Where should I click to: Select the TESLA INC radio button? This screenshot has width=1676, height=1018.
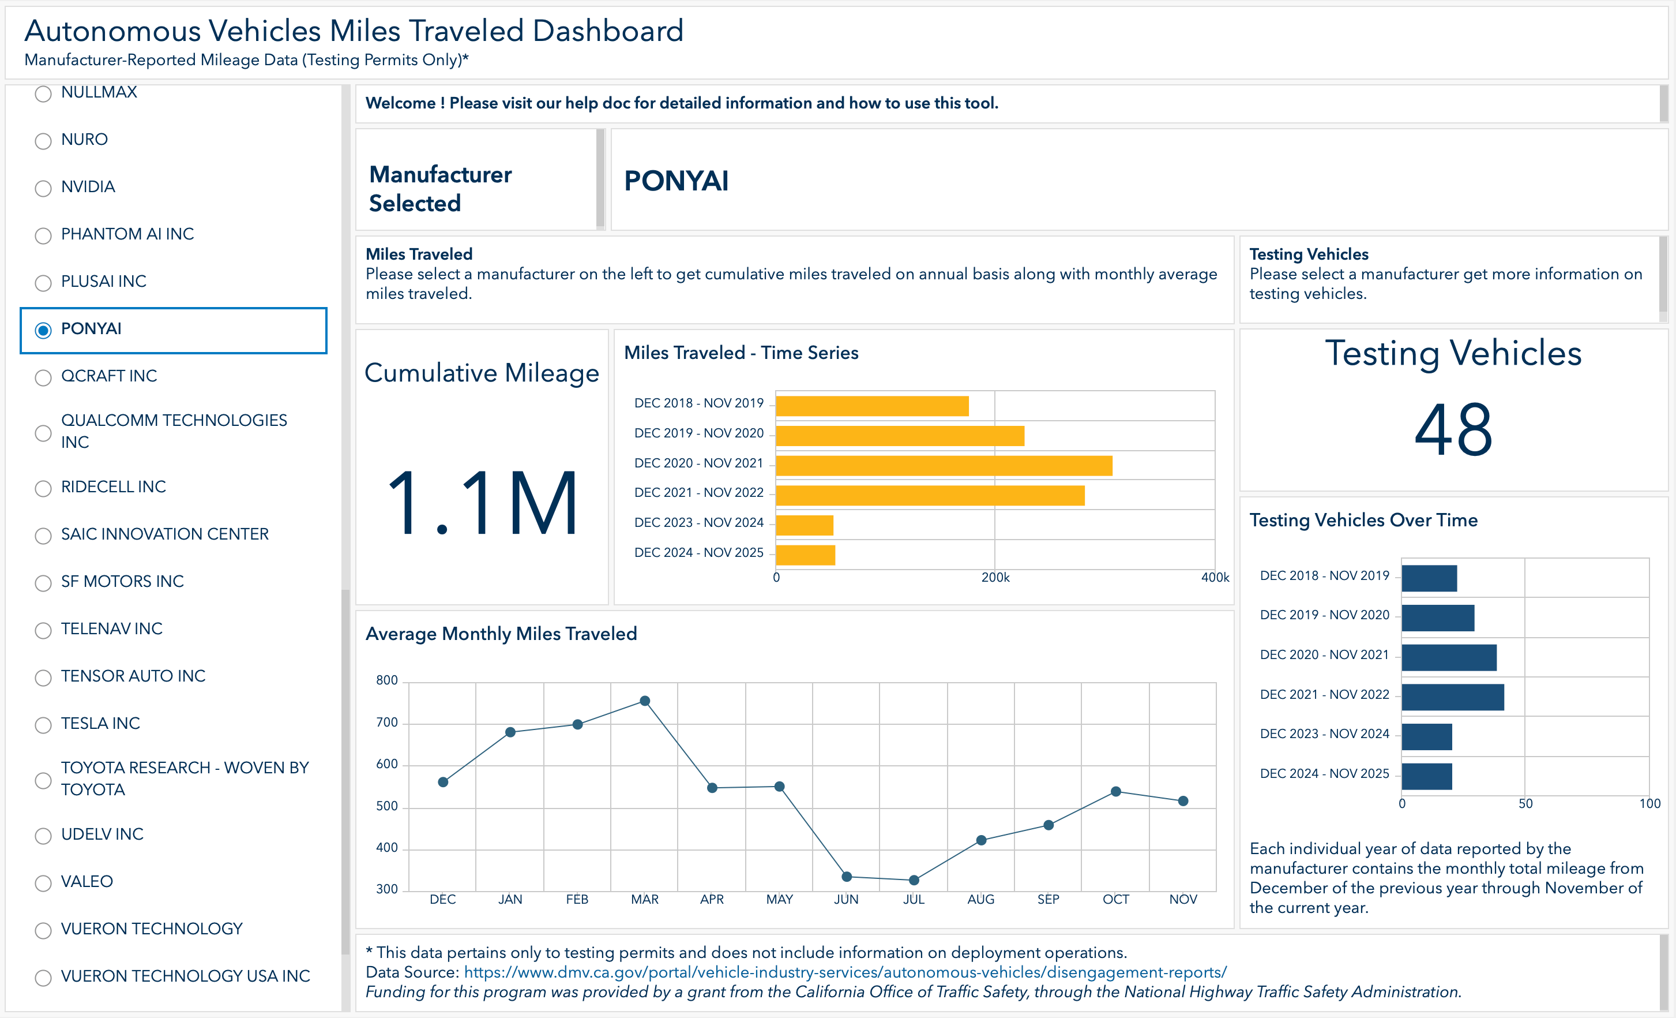coord(43,725)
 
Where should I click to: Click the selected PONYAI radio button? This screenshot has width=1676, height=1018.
coord(43,330)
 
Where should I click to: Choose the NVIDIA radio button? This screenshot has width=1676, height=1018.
coord(43,188)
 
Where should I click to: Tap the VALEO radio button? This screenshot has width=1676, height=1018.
coord(43,882)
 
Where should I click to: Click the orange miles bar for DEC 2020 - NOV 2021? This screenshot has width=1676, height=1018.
coord(944,466)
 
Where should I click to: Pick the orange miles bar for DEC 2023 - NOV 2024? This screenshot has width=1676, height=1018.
coord(805,525)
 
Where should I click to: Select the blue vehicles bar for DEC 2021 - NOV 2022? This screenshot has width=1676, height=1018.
coord(1453,697)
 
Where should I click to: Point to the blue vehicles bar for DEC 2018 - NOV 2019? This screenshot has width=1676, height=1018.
coord(1429,578)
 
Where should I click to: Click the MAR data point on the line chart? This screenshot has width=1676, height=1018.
coord(645,701)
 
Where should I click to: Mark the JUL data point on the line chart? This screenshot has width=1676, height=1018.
coord(914,880)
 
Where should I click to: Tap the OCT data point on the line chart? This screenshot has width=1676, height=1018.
coord(1115,791)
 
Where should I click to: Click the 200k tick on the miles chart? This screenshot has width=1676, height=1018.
coord(995,578)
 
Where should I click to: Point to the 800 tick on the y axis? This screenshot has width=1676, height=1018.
coord(386,680)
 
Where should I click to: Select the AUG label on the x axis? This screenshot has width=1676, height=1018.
coord(981,899)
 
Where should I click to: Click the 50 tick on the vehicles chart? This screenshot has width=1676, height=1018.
coord(1525,804)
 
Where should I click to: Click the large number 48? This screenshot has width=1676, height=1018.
coord(1453,430)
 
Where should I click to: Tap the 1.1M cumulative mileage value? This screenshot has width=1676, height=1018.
coord(482,504)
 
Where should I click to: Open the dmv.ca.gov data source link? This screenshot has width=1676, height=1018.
coord(845,972)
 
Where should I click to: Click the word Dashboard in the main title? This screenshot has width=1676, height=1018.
coord(608,31)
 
